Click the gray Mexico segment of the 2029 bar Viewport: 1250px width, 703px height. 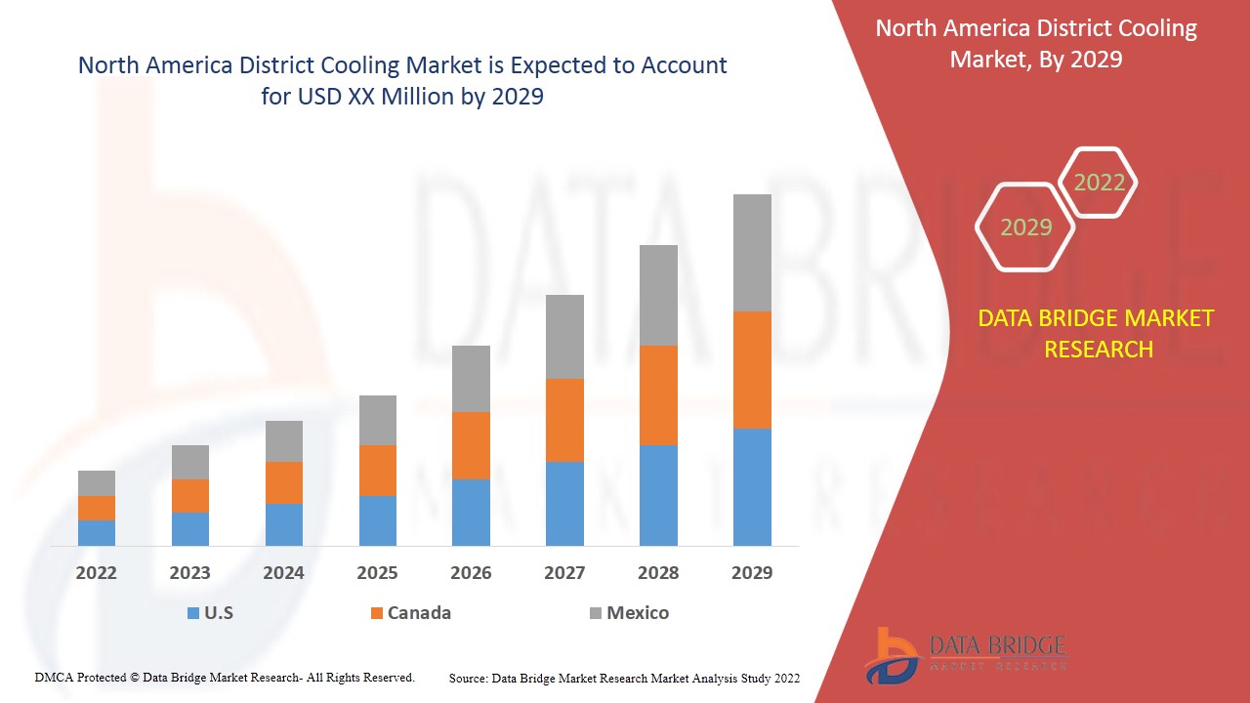coord(752,253)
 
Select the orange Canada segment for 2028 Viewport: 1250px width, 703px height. coord(658,395)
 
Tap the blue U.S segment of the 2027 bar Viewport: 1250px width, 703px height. coord(564,503)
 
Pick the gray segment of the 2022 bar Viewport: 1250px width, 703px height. coord(97,483)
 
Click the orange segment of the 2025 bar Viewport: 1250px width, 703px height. coord(378,471)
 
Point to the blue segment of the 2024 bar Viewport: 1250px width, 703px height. coord(284,524)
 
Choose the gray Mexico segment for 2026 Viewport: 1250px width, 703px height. coord(471,379)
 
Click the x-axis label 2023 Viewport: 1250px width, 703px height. coord(190,573)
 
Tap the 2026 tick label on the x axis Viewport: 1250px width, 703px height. coord(471,573)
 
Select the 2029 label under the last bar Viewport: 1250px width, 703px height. coord(752,573)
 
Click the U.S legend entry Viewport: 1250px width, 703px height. coord(210,613)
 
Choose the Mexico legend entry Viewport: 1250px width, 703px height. coord(629,613)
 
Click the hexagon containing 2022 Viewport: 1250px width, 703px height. coord(1099,183)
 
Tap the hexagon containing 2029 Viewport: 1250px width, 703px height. coord(1025,227)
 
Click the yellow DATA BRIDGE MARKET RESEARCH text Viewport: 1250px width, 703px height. coord(1098,334)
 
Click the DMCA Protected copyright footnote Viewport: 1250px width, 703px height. coord(225,678)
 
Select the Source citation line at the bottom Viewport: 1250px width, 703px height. coord(624,678)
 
